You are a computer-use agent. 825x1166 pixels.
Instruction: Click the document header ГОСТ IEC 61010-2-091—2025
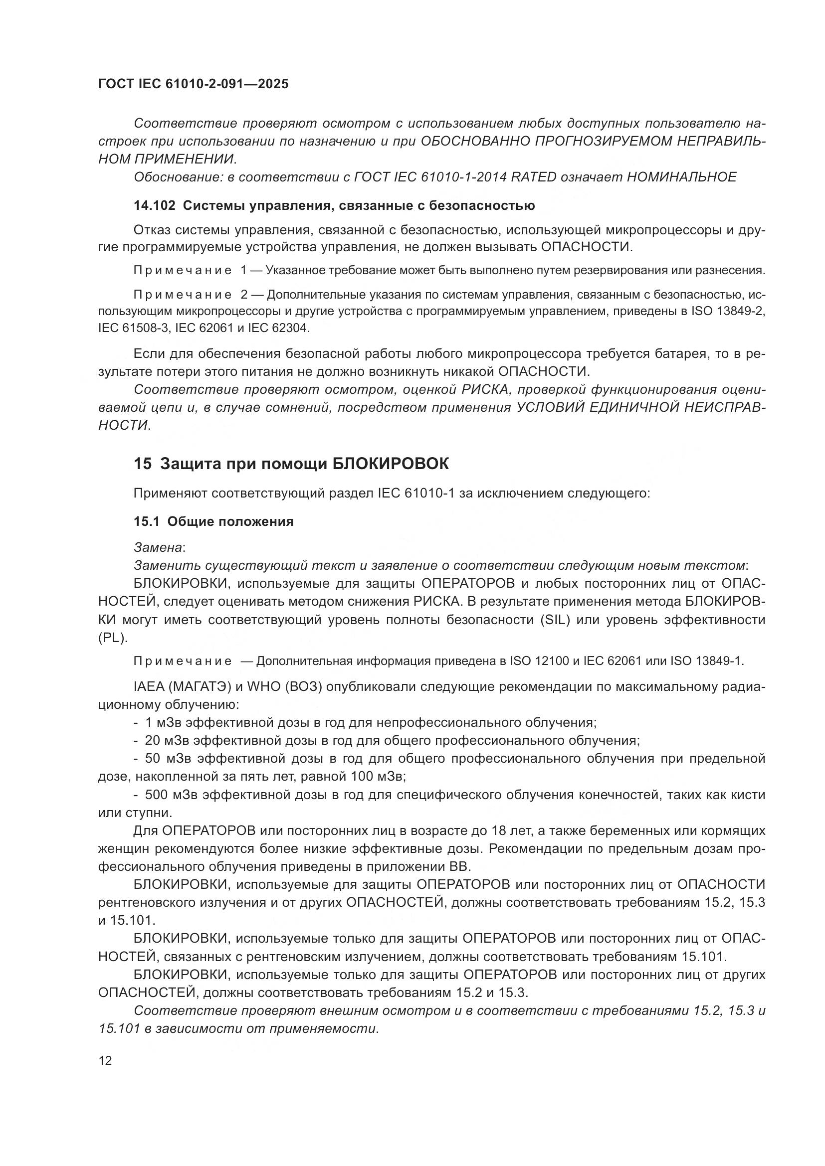pyautogui.click(x=193, y=84)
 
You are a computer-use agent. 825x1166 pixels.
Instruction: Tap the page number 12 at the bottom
pyautogui.click(x=105, y=1060)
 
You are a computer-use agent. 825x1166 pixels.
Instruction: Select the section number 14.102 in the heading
pyautogui.click(x=154, y=206)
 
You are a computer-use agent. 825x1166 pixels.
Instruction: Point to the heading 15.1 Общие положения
pyautogui.click(x=213, y=521)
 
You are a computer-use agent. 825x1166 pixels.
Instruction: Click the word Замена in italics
pyautogui.click(x=158, y=547)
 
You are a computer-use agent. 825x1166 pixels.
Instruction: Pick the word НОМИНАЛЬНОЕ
pyautogui.click(x=682, y=177)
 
